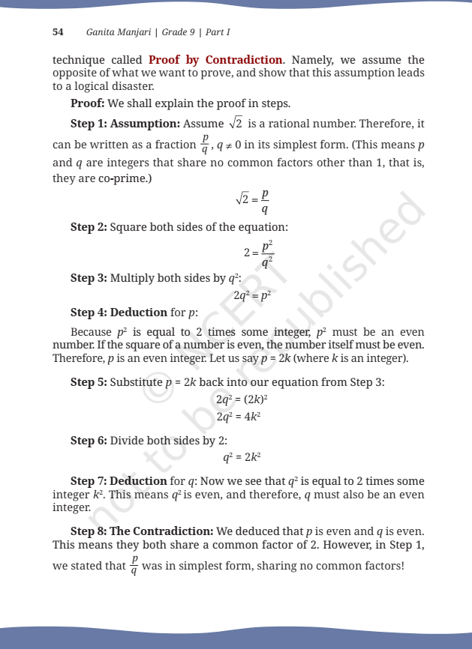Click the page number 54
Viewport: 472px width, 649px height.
click(58, 32)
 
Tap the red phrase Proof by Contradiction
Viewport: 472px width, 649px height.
click(216, 60)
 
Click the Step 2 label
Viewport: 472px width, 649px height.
click(89, 227)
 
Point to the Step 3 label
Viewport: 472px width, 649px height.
click(89, 278)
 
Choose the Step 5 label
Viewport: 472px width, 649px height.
click(89, 382)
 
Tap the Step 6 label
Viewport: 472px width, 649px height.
click(89, 441)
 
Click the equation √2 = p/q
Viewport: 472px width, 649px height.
click(252, 199)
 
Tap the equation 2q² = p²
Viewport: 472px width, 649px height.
click(251, 295)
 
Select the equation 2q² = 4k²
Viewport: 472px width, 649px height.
click(238, 417)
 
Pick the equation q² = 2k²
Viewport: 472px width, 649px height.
click(242, 456)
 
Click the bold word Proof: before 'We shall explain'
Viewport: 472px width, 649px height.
click(88, 103)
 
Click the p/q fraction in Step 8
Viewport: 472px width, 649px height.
click(134, 567)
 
